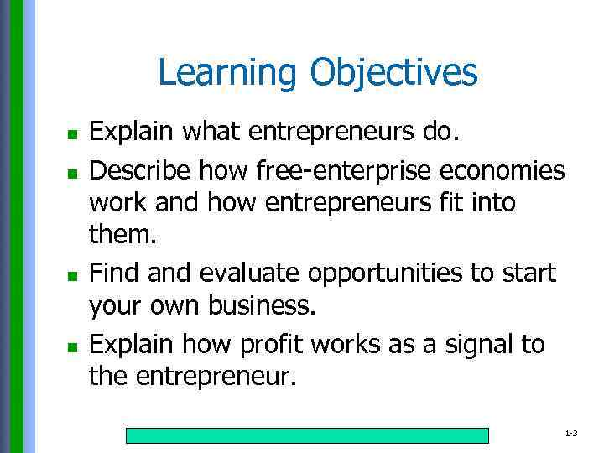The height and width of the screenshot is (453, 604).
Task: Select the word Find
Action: (x=111, y=273)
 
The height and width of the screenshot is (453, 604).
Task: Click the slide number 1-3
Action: (x=571, y=435)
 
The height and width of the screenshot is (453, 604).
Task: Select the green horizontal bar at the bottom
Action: (x=307, y=435)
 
